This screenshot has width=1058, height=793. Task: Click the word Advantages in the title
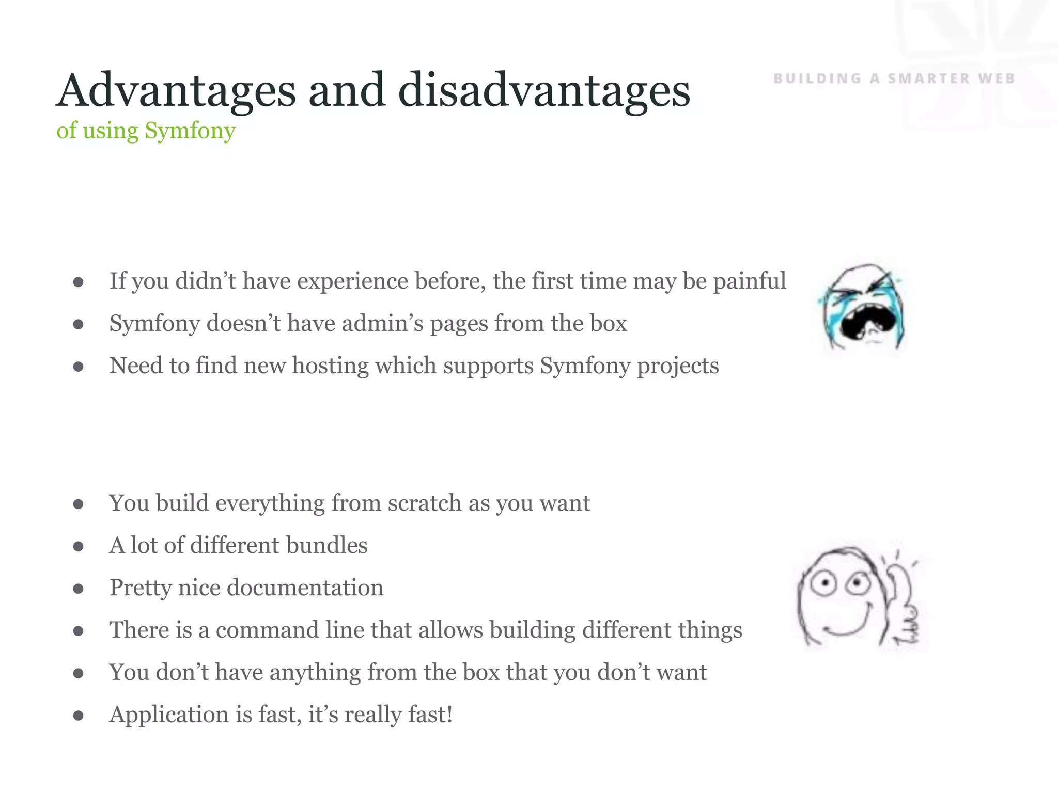point(176,92)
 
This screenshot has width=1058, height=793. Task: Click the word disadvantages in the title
point(544,92)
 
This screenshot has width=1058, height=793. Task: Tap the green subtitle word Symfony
point(190,131)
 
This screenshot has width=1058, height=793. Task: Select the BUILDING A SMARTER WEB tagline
point(894,78)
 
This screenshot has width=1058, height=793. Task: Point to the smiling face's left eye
point(825,584)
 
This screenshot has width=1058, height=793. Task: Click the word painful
point(750,282)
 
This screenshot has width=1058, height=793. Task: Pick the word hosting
point(331,366)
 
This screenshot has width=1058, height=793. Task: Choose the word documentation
point(305,588)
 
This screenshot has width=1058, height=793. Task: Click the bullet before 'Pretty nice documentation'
point(79,589)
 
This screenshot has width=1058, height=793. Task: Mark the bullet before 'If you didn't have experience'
point(79,282)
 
